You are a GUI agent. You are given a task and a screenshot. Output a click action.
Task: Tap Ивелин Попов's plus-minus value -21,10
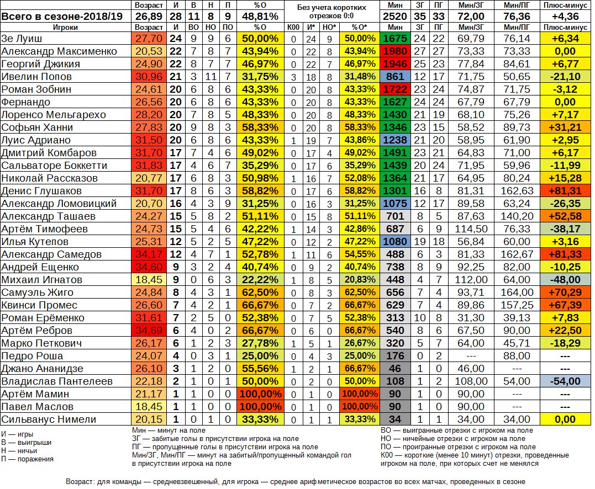click(x=567, y=77)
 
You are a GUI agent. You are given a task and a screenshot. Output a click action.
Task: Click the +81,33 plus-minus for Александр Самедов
click(x=567, y=254)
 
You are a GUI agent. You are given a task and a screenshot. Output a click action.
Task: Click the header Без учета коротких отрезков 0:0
click(x=331, y=10)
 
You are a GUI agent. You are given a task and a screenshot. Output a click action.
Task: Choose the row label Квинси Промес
click(x=38, y=305)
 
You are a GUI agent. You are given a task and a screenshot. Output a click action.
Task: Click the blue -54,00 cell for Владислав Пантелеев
click(x=567, y=381)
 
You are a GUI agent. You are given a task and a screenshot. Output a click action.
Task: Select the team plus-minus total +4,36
click(x=567, y=16)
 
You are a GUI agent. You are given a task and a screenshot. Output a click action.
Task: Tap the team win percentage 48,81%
click(x=260, y=16)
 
